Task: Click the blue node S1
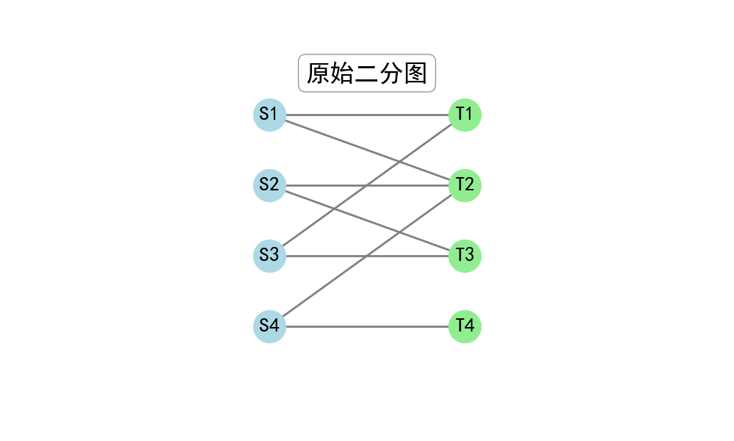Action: pos(269,115)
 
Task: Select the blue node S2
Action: pos(269,185)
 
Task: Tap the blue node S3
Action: pos(269,256)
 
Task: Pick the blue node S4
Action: pos(269,326)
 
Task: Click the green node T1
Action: pos(465,115)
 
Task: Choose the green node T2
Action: pos(465,185)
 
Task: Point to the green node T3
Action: pos(465,256)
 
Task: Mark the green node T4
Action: pos(465,326)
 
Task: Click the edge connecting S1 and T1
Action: pos(368,115)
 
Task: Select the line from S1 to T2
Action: pos(368,151)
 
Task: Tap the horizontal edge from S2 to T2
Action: pos(368,185)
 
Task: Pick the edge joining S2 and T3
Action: pos(368,220)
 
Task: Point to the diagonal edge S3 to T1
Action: pos(368,185)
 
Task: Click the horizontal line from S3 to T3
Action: pos(368,256)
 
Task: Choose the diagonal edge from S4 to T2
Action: pos(368,256)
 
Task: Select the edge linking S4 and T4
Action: pos(368,326)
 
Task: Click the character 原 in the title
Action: pos(319,73)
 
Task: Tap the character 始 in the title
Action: pos(343,73)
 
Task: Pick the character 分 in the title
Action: pos(391,73)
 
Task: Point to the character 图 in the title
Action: pos(415,73)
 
